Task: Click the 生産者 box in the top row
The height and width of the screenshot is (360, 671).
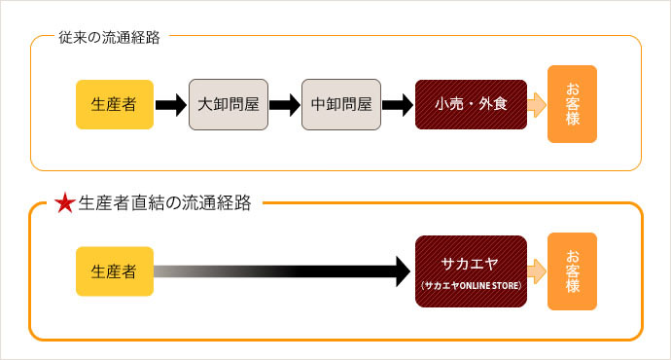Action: point(115,105)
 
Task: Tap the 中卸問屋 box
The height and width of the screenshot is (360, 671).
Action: point(340,105)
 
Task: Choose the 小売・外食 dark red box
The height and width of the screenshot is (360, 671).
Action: point(471,105)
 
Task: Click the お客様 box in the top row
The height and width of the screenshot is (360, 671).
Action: point(572,104)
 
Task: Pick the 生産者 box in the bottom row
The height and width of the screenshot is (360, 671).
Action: point(115,271)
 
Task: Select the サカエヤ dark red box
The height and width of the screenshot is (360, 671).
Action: point(471,271)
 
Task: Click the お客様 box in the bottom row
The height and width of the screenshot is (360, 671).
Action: point(572,271)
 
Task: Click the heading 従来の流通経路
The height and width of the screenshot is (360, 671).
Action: point(103,38)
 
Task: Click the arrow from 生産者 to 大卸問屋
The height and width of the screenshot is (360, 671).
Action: point(170,105)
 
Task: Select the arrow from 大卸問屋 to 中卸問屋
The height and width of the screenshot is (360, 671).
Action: point(283,105)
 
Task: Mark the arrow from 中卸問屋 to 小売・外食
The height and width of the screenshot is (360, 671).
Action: point(397,105)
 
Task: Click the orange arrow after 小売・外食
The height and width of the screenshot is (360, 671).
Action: point(536,105)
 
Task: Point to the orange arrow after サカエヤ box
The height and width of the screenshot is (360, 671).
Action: point(536,271)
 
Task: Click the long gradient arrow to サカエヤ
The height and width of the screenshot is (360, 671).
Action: point(282,271)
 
